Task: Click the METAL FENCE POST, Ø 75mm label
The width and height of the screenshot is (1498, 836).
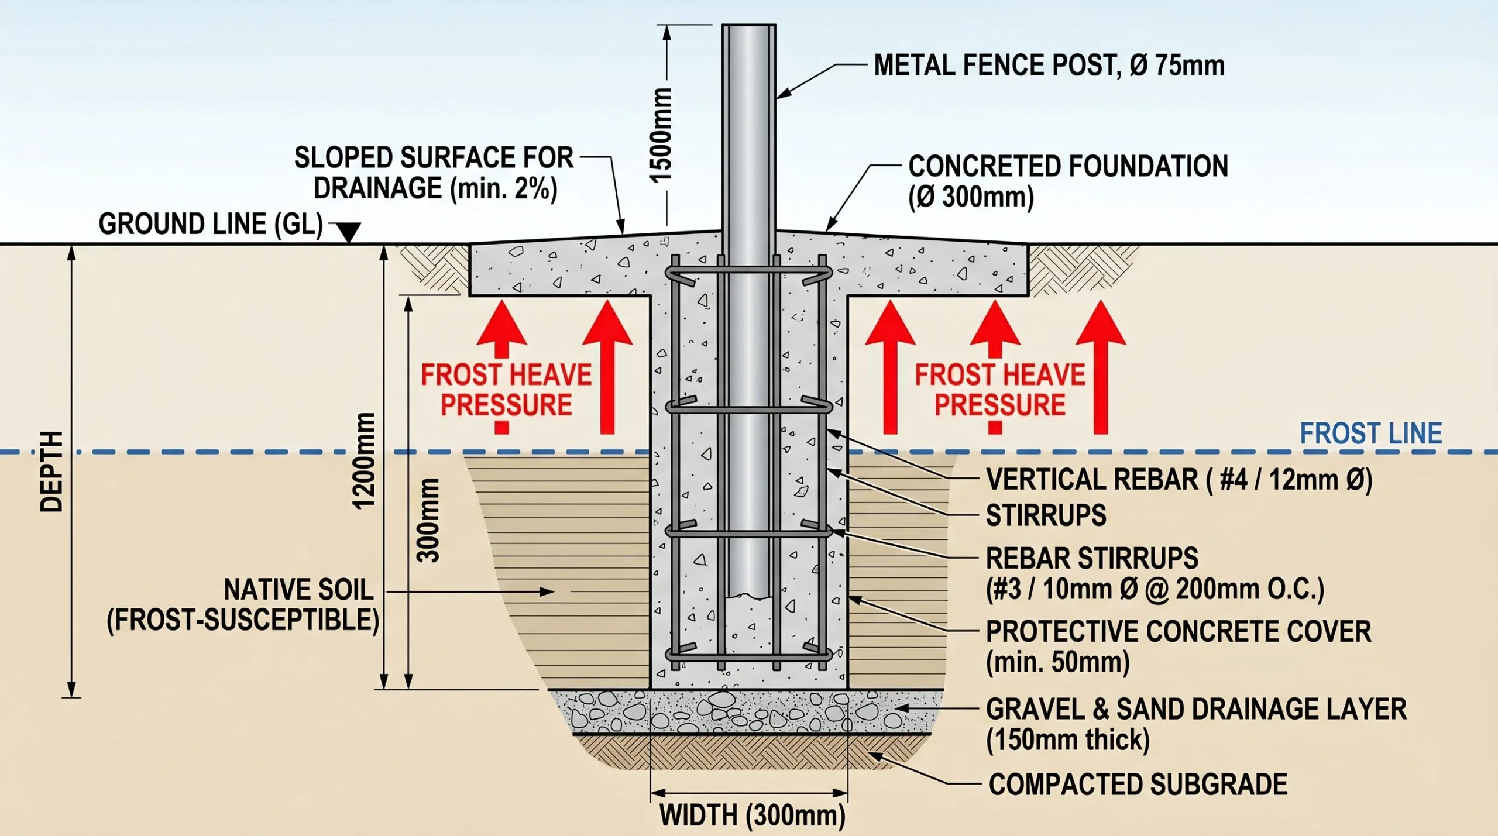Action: click(1049, 65)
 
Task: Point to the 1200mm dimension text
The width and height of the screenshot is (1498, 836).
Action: click(364, 461)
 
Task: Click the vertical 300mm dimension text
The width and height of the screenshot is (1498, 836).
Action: click(428, 521)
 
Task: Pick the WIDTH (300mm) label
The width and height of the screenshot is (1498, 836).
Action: click(753, 816)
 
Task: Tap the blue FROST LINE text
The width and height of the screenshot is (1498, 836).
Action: click(1370, 434)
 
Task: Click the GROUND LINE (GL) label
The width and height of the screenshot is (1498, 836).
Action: click(211, 224)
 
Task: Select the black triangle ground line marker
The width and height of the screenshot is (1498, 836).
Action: click(349, 232)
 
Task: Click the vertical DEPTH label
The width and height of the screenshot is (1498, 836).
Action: click(51, 472)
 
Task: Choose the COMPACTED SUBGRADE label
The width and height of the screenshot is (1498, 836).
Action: click(1138, 784)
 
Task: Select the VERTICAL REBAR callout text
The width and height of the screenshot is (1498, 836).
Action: click(1179, 480)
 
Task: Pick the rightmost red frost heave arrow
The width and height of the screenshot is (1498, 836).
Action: click(1101, 367)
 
